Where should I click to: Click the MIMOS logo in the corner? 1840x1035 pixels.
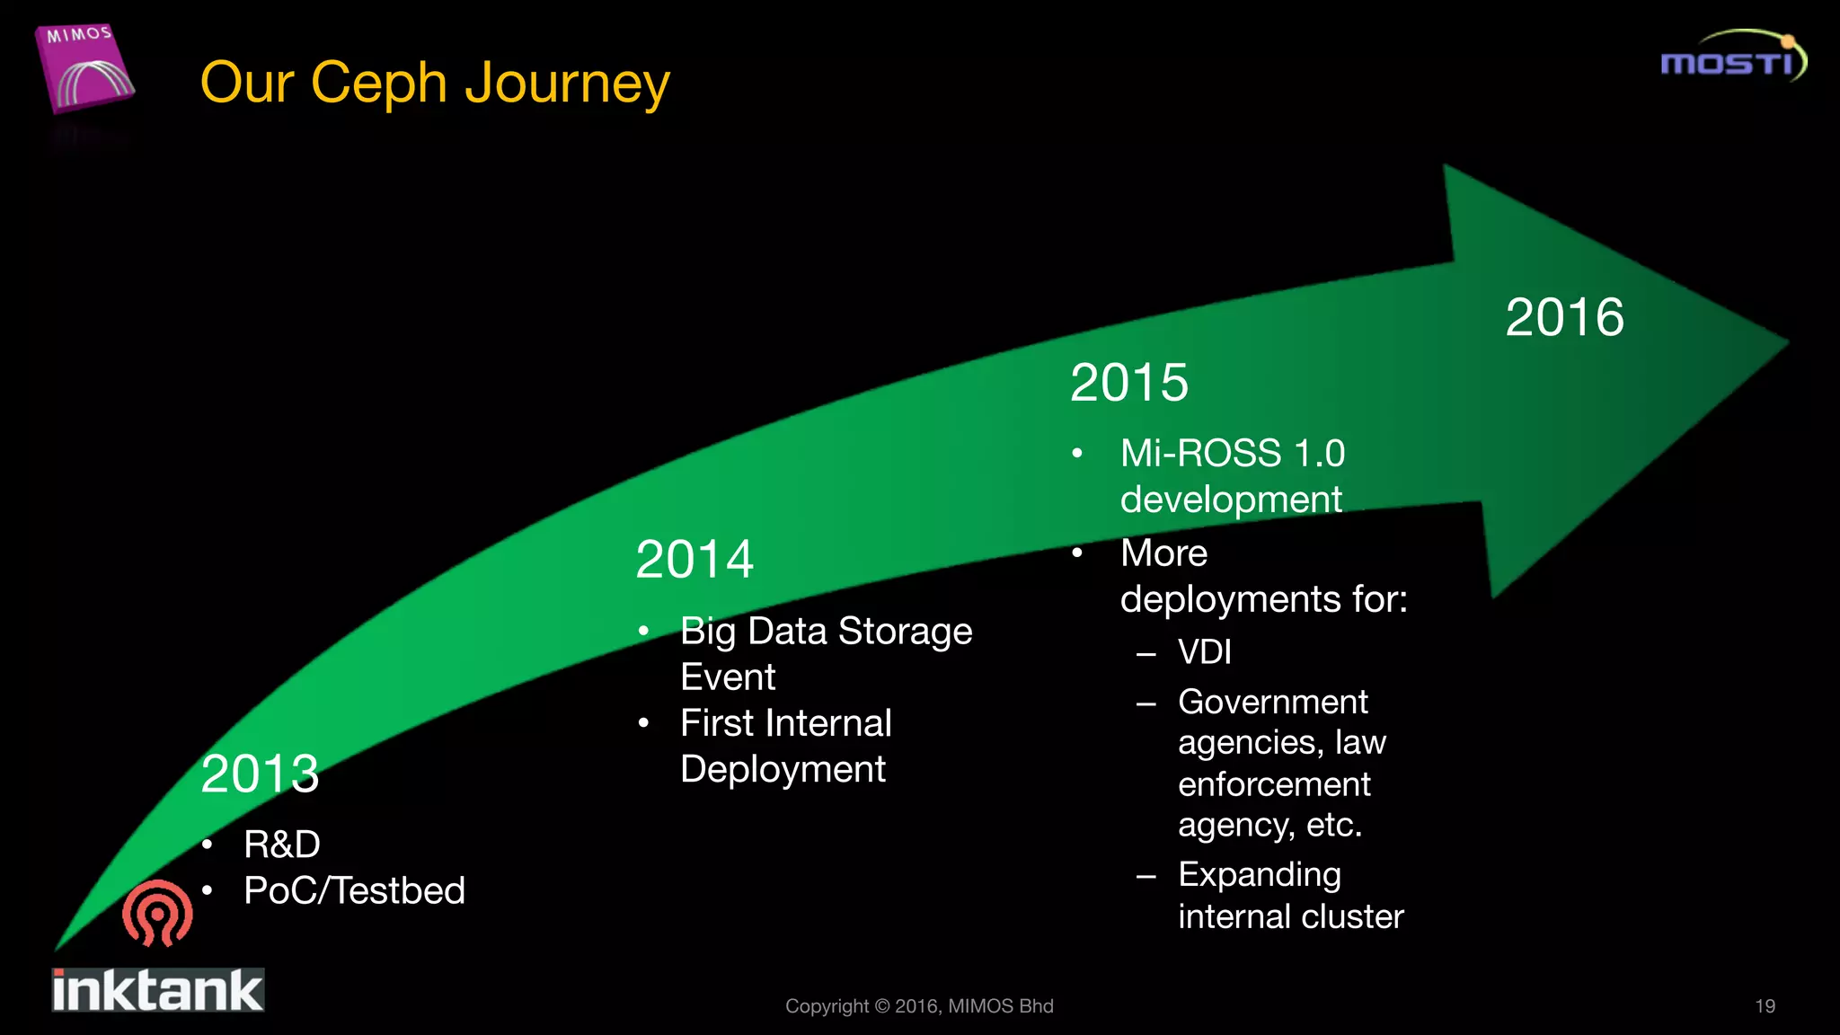click(x=85, y=68)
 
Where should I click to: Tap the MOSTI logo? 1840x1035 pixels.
click(x=1731, y=57)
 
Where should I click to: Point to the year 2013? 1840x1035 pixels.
click(x=260, y=774)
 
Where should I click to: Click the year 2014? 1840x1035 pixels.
click(x=694, y=560)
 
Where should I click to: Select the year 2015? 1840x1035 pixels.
click(x=1129, y=383)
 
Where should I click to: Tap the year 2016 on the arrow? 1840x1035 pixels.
click(x=1564, y=317)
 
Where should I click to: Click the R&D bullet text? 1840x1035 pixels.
click(x=281, y=845)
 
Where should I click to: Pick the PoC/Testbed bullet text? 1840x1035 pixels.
click(x=354, y=891)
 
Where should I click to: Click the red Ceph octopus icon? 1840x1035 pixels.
click(x=157, y=913)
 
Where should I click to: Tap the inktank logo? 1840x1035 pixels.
click(x=157, y=990)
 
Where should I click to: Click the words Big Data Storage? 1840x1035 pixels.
click(x=826, y=631)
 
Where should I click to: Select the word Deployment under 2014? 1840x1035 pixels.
click(x=783, y=770)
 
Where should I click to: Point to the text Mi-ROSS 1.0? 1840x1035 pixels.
click(x=1232, y=454)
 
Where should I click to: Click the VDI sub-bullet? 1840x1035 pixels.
click(x=1204, y=651)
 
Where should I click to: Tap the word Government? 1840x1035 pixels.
click(x=1272, y=702)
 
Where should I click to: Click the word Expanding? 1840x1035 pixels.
click(x=1259, y=874)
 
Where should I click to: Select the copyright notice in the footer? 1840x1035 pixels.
click(x=919, y=1006)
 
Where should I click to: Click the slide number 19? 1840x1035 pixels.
click(x=1765, y=1006)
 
